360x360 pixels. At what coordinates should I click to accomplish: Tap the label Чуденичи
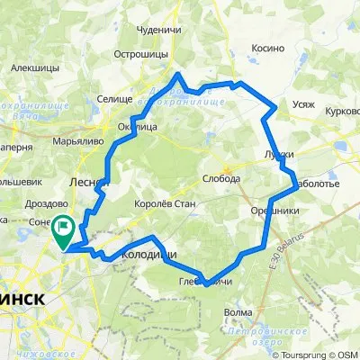point(158,30)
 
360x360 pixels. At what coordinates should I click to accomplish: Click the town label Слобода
point(221,178)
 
